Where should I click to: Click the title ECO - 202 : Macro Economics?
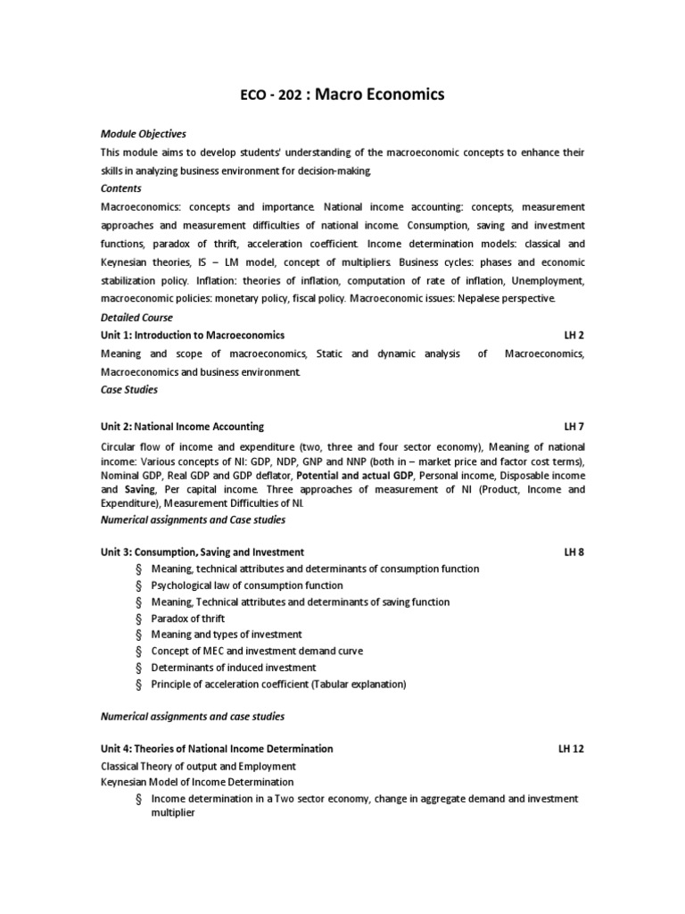[x=342, y=95]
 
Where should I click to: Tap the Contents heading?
[x=120, y=189]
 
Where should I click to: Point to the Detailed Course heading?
[x=137, y=318]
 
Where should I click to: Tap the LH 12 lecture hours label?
[x=571, y=749]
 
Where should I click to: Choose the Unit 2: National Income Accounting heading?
[x=183, y=427]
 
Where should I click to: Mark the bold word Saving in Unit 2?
[x=140, y=490]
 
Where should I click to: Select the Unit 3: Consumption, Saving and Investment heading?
[x=202, y=553]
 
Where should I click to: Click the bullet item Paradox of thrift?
[x=188, y=619]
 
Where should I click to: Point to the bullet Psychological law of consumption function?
[x=247, y=586]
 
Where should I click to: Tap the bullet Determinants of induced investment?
[x=234, y=668]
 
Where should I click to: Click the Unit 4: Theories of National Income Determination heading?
[x=218, y=749]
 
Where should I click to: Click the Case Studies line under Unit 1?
[x=129, y=389]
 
